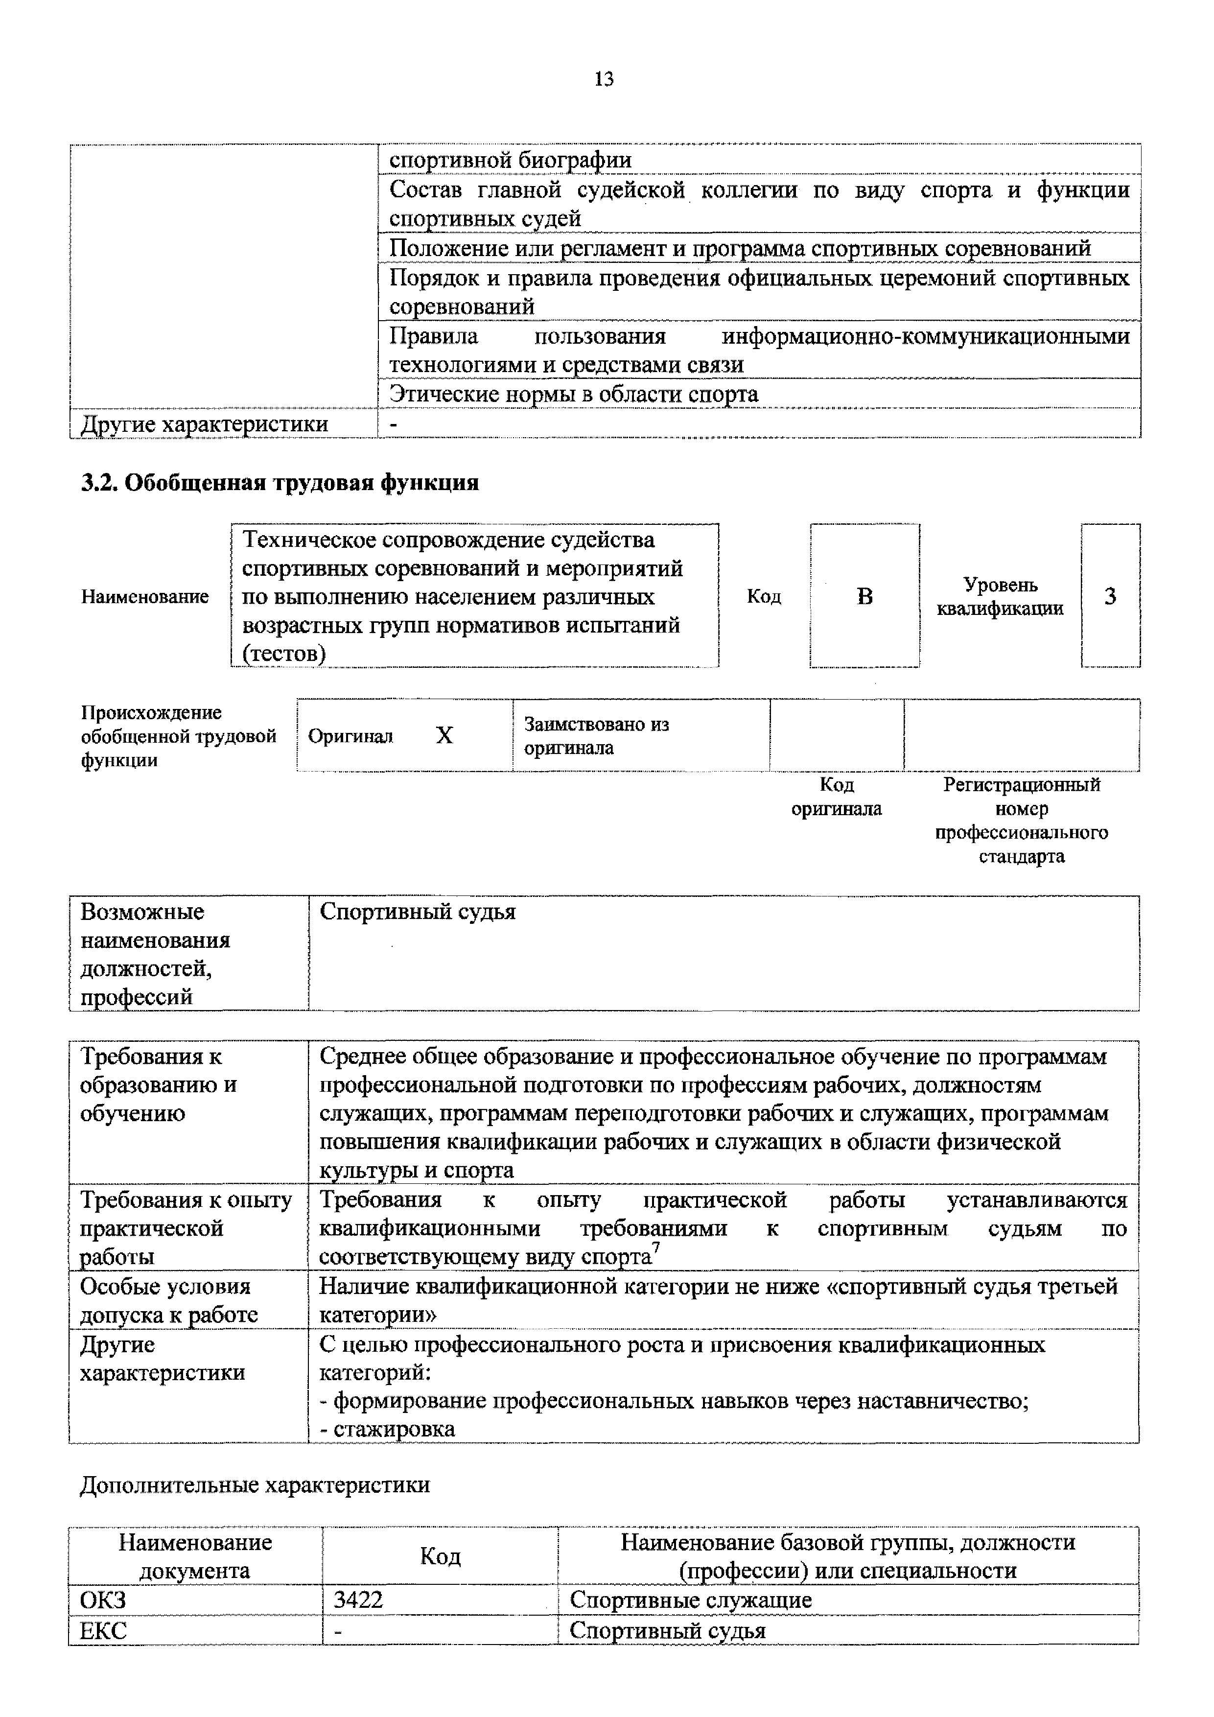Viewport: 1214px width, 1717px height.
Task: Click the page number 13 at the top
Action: (604, 79)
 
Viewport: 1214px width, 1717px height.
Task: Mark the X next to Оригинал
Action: (444, 736)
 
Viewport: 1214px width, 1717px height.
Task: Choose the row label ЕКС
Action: (103, 1630)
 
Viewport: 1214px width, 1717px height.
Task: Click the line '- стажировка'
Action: (387, 1429)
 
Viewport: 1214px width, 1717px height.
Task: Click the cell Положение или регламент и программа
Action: (740, 248)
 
